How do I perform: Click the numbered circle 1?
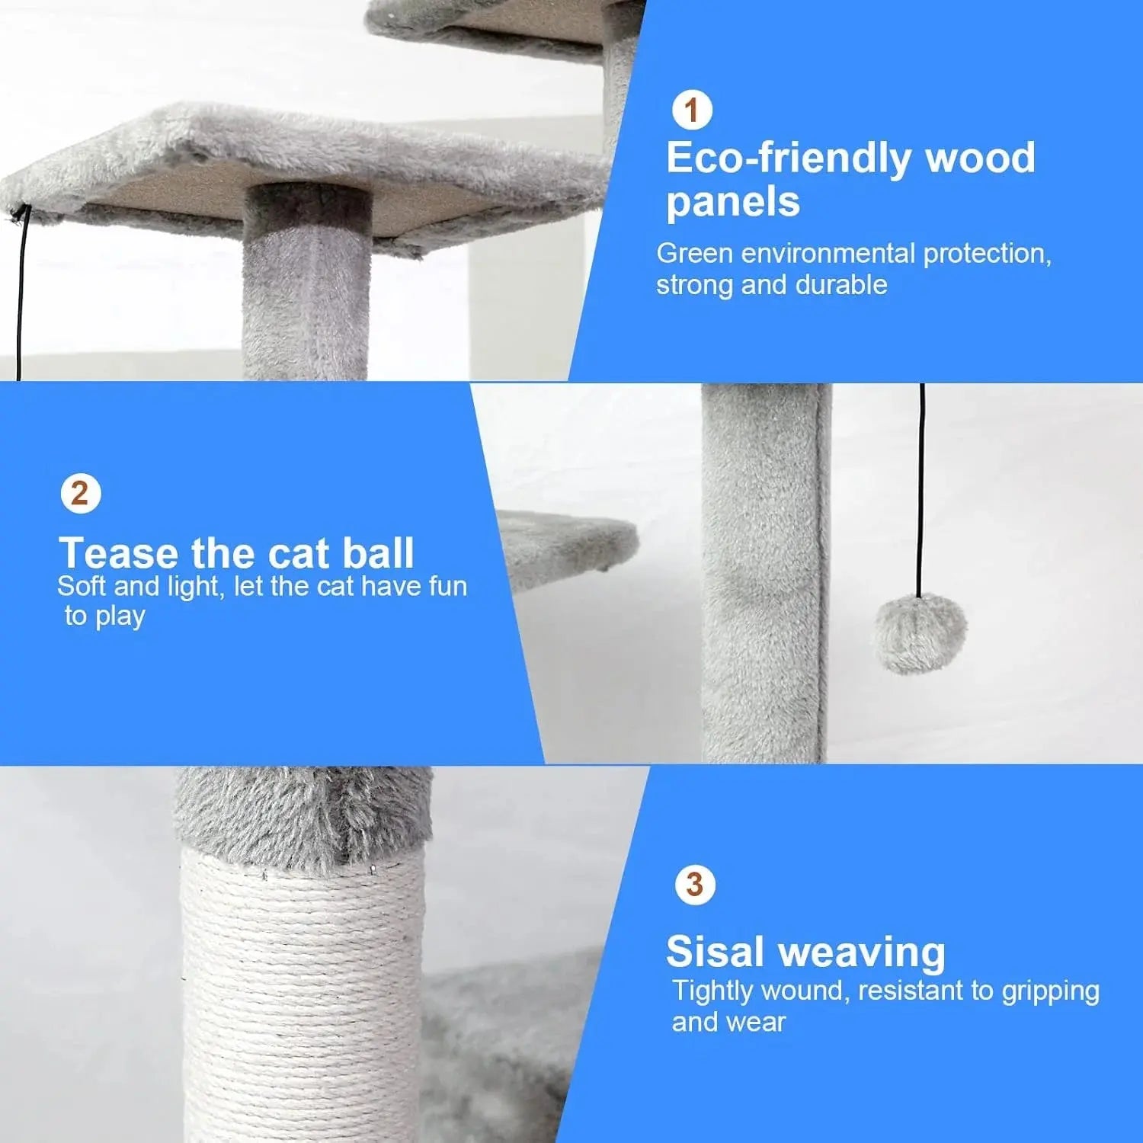(692, 110)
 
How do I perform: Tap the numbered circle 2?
(80, 494)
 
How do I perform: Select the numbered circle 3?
(694, 885)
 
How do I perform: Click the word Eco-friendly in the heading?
(788, 158)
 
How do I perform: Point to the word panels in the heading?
(733, 202)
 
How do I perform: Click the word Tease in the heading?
(120, 552)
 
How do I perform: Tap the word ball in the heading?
(377, 552)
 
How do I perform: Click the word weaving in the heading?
(862, 952)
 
